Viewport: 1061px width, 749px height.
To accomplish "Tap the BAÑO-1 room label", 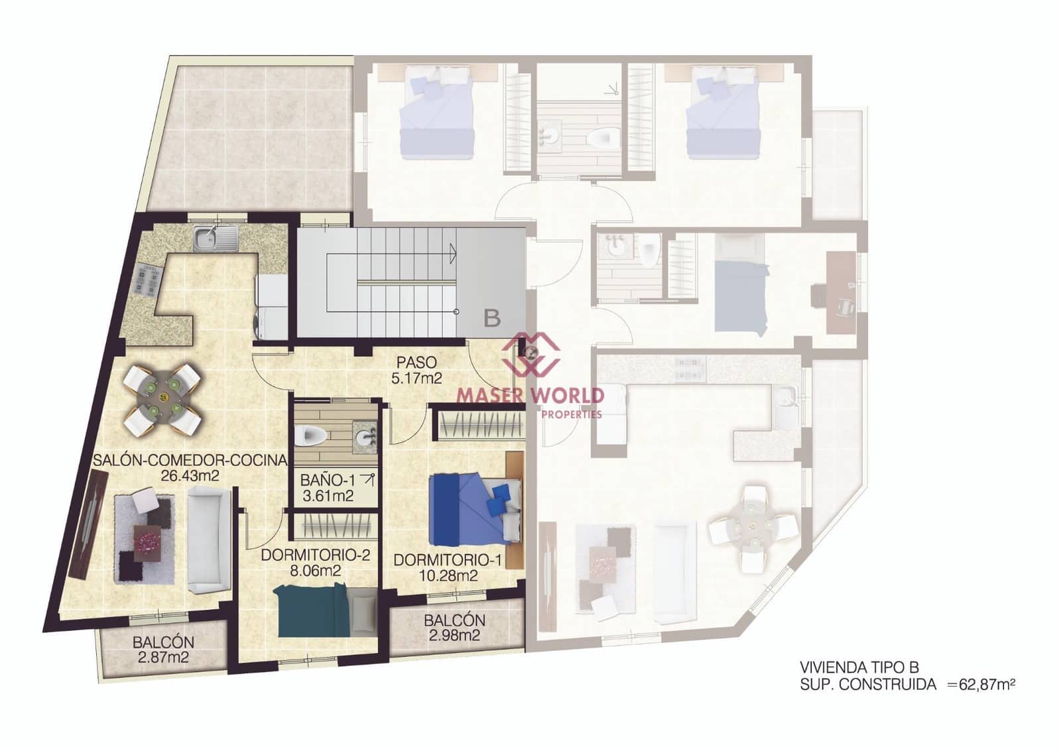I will pyautogui.click(x=328, y=487).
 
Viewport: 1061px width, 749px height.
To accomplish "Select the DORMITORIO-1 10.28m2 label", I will pyautogui.click(x=448, y=568).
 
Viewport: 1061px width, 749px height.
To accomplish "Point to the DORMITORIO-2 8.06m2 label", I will pyautogui.click(x=315, y=563).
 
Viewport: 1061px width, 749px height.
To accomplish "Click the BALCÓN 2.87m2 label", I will pyautogui.click(x=163, y=650).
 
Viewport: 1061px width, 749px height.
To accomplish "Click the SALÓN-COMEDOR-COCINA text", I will pyautogui.click(x=190, y=460).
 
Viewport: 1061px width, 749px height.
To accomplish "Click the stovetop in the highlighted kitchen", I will pyautogui.click(x=147, y=278).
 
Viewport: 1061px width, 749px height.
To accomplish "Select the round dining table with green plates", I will pyautogui.click(x=162, y=399).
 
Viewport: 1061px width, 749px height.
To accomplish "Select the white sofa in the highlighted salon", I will pyautogui.click(x=208, y=538).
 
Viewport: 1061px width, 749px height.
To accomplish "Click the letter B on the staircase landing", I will pyautogui.click(x=492, y=318).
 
